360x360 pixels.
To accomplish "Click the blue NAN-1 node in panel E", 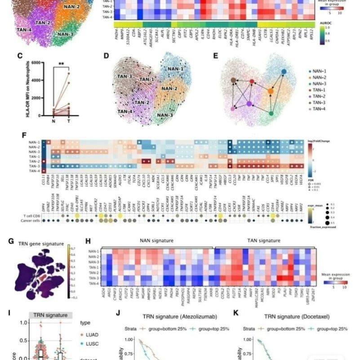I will pos(284,71).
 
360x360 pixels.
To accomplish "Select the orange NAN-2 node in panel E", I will pos(271,91).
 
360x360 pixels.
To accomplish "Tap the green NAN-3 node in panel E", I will pos(271,114).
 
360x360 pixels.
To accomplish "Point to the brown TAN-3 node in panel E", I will pos(234,80).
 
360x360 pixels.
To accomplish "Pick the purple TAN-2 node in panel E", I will pos(249,104).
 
